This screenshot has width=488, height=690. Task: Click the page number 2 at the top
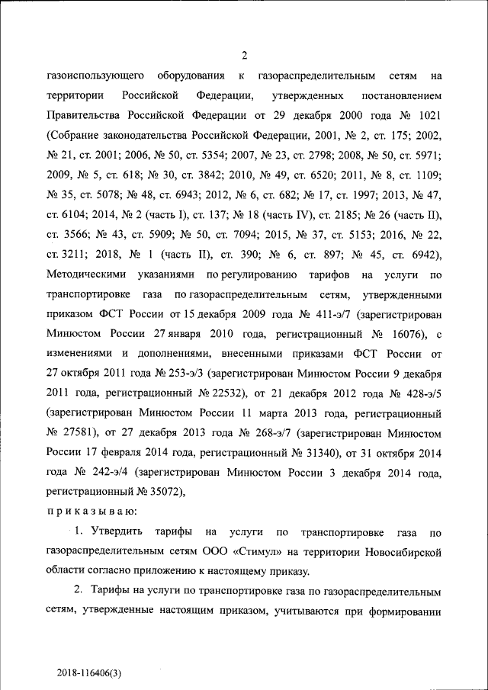244,55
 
